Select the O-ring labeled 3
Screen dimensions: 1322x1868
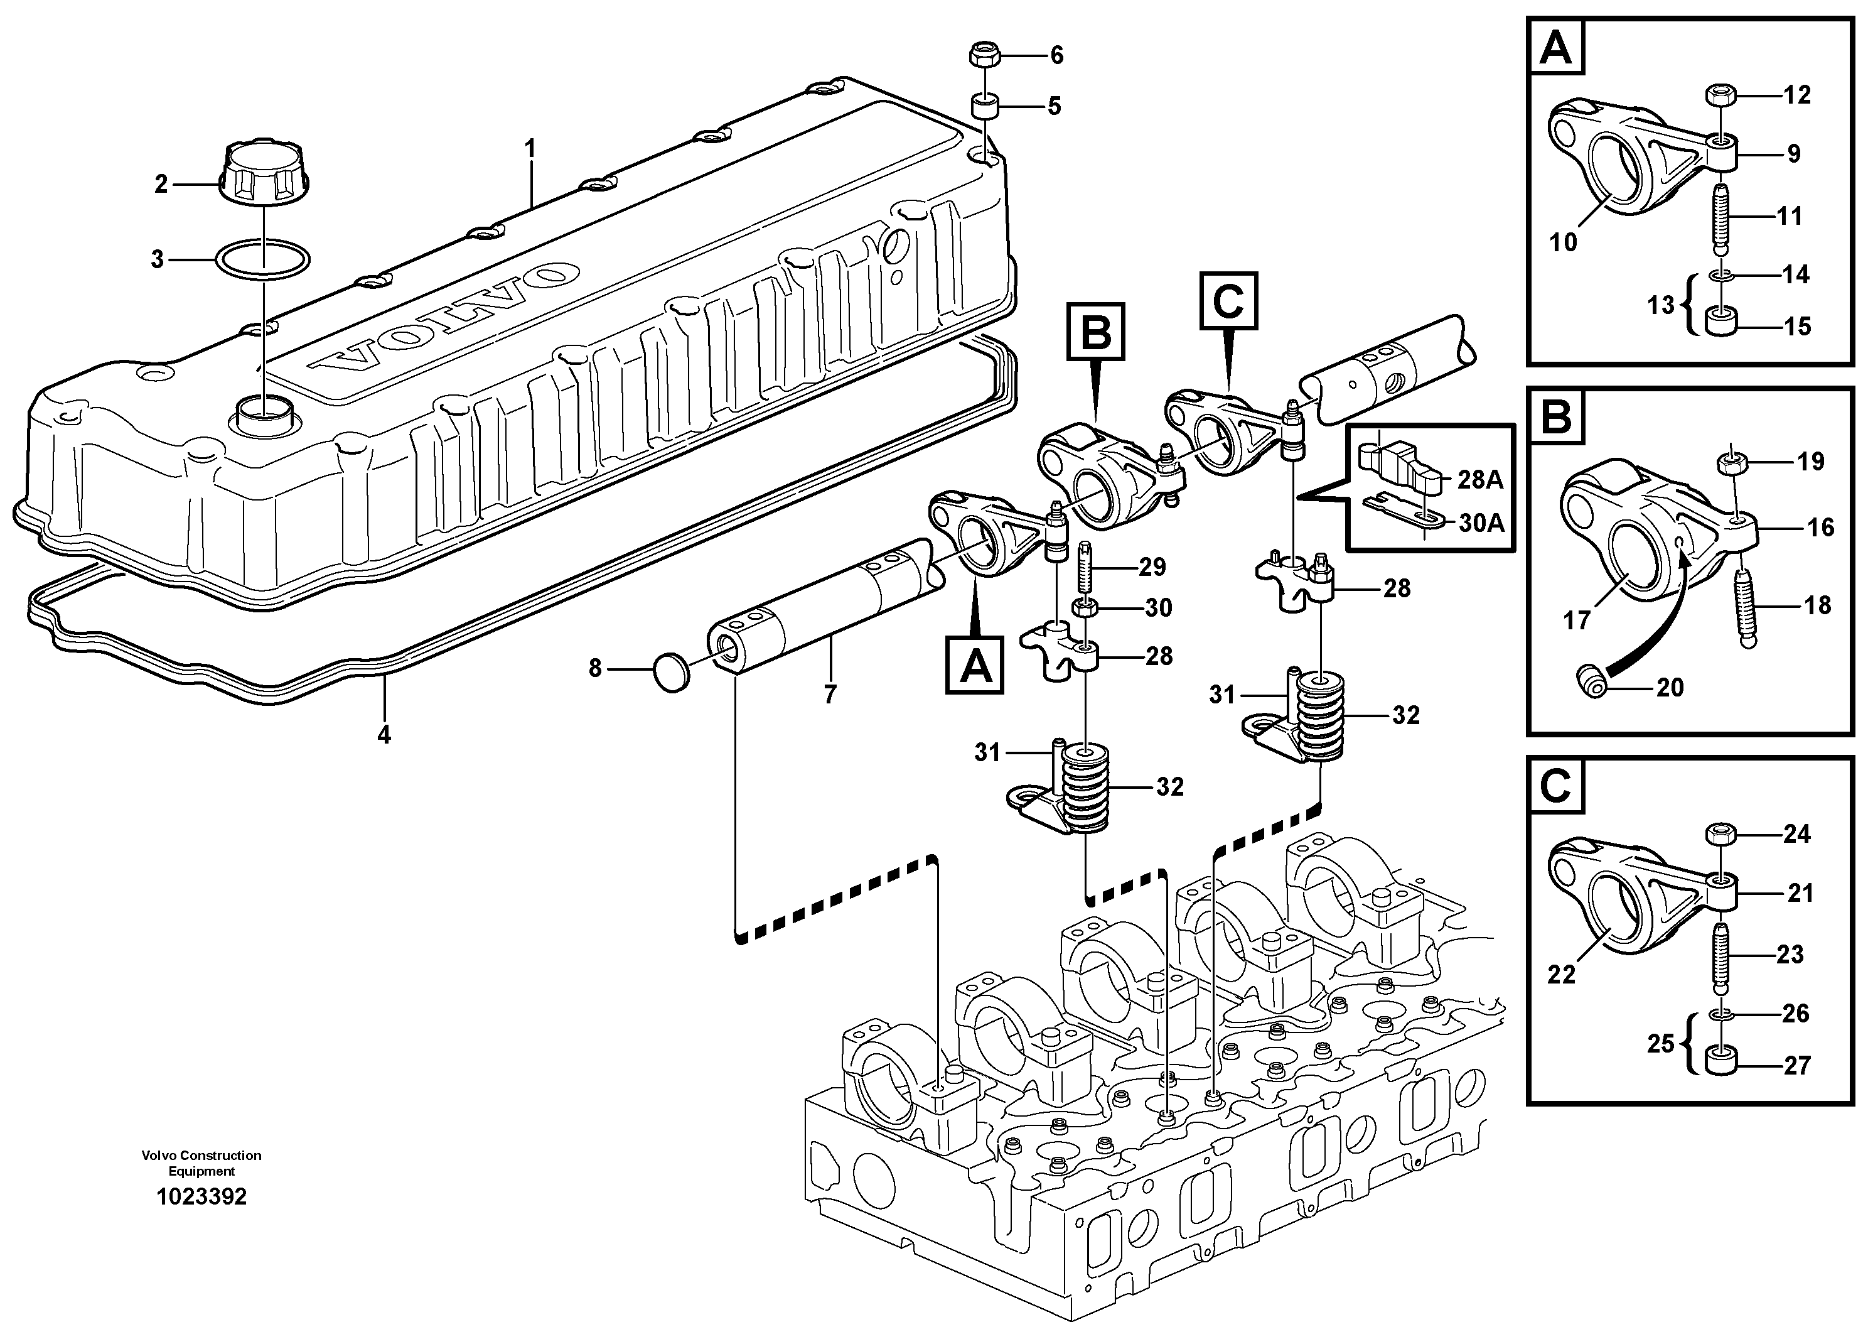tap(264, 259)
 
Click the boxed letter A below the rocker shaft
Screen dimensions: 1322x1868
tap(975, 665)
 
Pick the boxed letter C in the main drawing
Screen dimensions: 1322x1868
tap(1228, 301)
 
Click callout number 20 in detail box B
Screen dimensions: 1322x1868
tap(1670, 688)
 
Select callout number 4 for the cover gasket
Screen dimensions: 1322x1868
tap(384, 734)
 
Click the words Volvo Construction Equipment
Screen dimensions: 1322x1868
tap(201, 1163)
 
